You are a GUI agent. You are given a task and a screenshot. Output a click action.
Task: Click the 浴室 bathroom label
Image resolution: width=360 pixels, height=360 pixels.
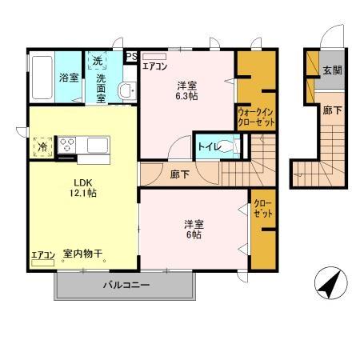pos(68,78)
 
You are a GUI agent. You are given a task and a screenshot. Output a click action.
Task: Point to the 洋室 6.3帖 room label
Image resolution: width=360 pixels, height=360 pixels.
pos(187,90)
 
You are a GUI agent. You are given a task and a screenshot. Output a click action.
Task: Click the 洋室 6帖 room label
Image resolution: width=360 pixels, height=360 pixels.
pos(190,230)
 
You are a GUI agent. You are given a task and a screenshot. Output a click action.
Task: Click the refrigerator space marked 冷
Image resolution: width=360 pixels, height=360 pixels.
pos(40,147)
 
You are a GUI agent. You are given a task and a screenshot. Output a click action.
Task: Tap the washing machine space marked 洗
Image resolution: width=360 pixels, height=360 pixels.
pos(96,61)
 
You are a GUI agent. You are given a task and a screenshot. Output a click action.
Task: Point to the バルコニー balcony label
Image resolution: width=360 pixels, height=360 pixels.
pos(126,285)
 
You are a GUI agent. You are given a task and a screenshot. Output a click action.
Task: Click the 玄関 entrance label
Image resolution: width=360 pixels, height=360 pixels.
pos(332,70)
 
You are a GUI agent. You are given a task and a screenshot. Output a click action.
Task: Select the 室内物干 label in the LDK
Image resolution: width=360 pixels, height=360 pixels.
pos(83,254)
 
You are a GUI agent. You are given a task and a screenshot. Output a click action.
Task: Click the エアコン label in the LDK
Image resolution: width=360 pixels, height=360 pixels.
pos(42,254)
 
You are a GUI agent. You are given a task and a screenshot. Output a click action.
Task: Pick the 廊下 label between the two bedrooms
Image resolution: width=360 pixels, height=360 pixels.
pos(179,173)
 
